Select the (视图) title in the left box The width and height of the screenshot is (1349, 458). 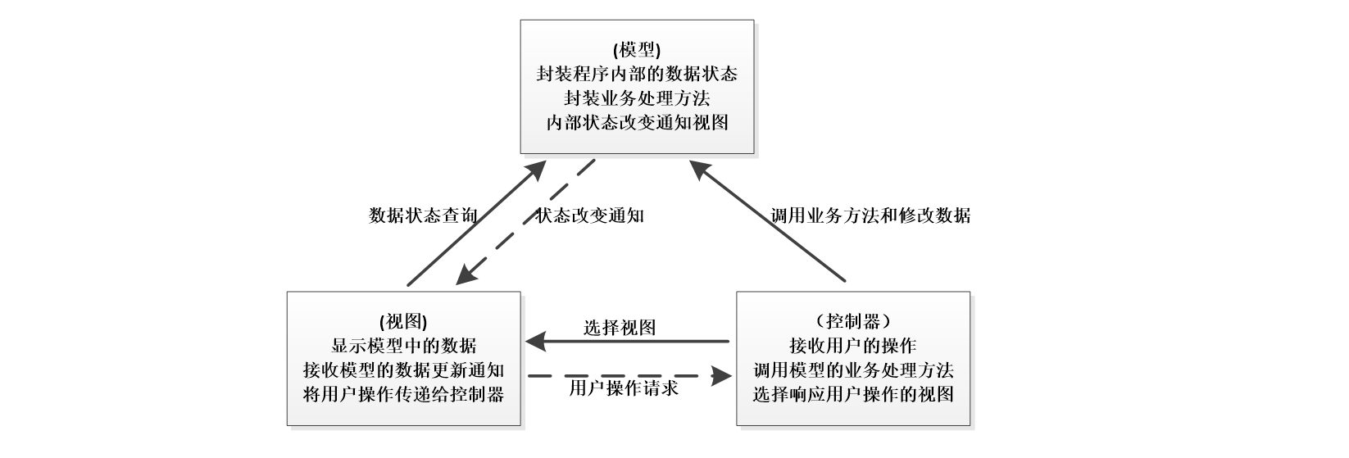tap(402, 321)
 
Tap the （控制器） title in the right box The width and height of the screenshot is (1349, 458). tap(852, 321)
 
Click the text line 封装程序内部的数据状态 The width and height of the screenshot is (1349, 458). tap(636, 75)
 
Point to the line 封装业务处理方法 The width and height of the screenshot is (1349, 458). tap(636, 98)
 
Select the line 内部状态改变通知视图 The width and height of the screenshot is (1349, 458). tap(636, 123)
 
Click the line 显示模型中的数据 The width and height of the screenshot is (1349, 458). tap(402, 345)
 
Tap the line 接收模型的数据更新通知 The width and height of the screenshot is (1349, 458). tap(402, 370)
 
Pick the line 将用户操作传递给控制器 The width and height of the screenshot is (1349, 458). tap(402, 394)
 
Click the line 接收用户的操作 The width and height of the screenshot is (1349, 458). tap(852, 345)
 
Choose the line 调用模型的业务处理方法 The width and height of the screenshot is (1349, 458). tap(852, 370)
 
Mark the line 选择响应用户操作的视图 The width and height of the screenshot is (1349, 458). tap(852, 394)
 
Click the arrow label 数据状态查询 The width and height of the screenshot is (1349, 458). tap(423, 215)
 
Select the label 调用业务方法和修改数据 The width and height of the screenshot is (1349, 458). tap(870, 215)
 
